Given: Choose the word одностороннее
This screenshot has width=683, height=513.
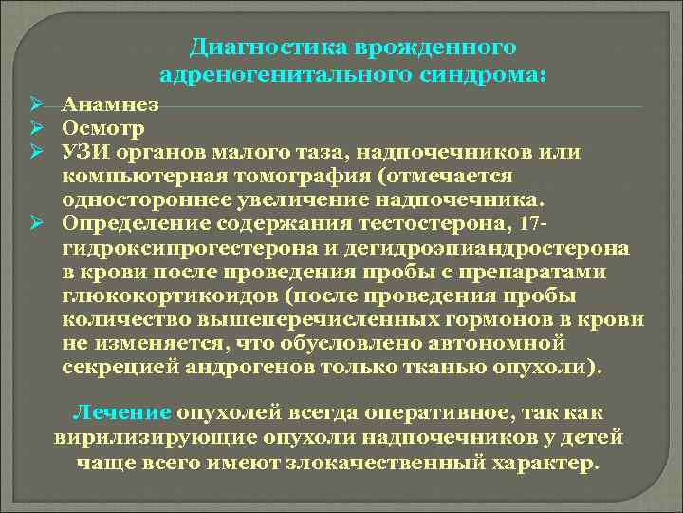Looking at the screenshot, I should pos(138,199).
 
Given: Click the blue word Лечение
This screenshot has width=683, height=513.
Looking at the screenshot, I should pos(121,413).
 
